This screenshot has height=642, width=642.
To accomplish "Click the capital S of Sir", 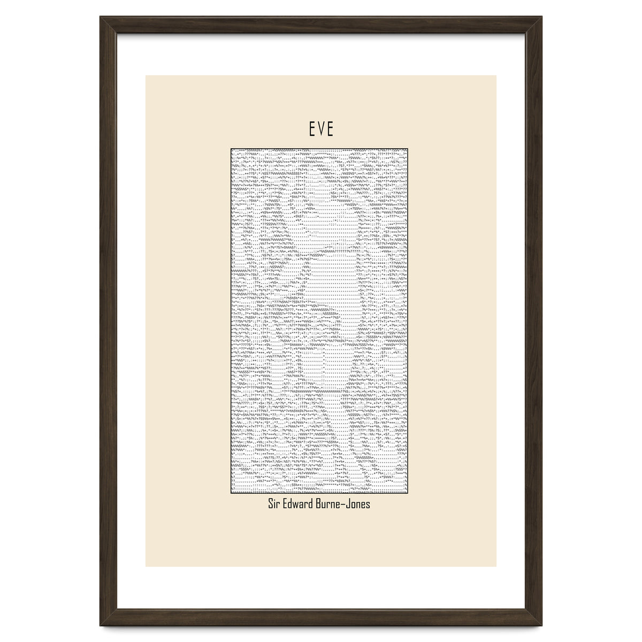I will pyautogui.click(x=270, y=504).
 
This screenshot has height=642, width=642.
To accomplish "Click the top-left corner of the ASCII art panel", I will pyautogui.click(x=231, y=148).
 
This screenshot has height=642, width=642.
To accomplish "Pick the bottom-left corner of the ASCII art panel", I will pyautogui.click(x=231, y=494).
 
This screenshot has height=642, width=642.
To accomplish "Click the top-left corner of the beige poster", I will pyautogui.click(x=146, y=75).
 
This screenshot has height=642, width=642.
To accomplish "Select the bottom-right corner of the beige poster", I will pyautogui.click(x=496, y=566).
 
